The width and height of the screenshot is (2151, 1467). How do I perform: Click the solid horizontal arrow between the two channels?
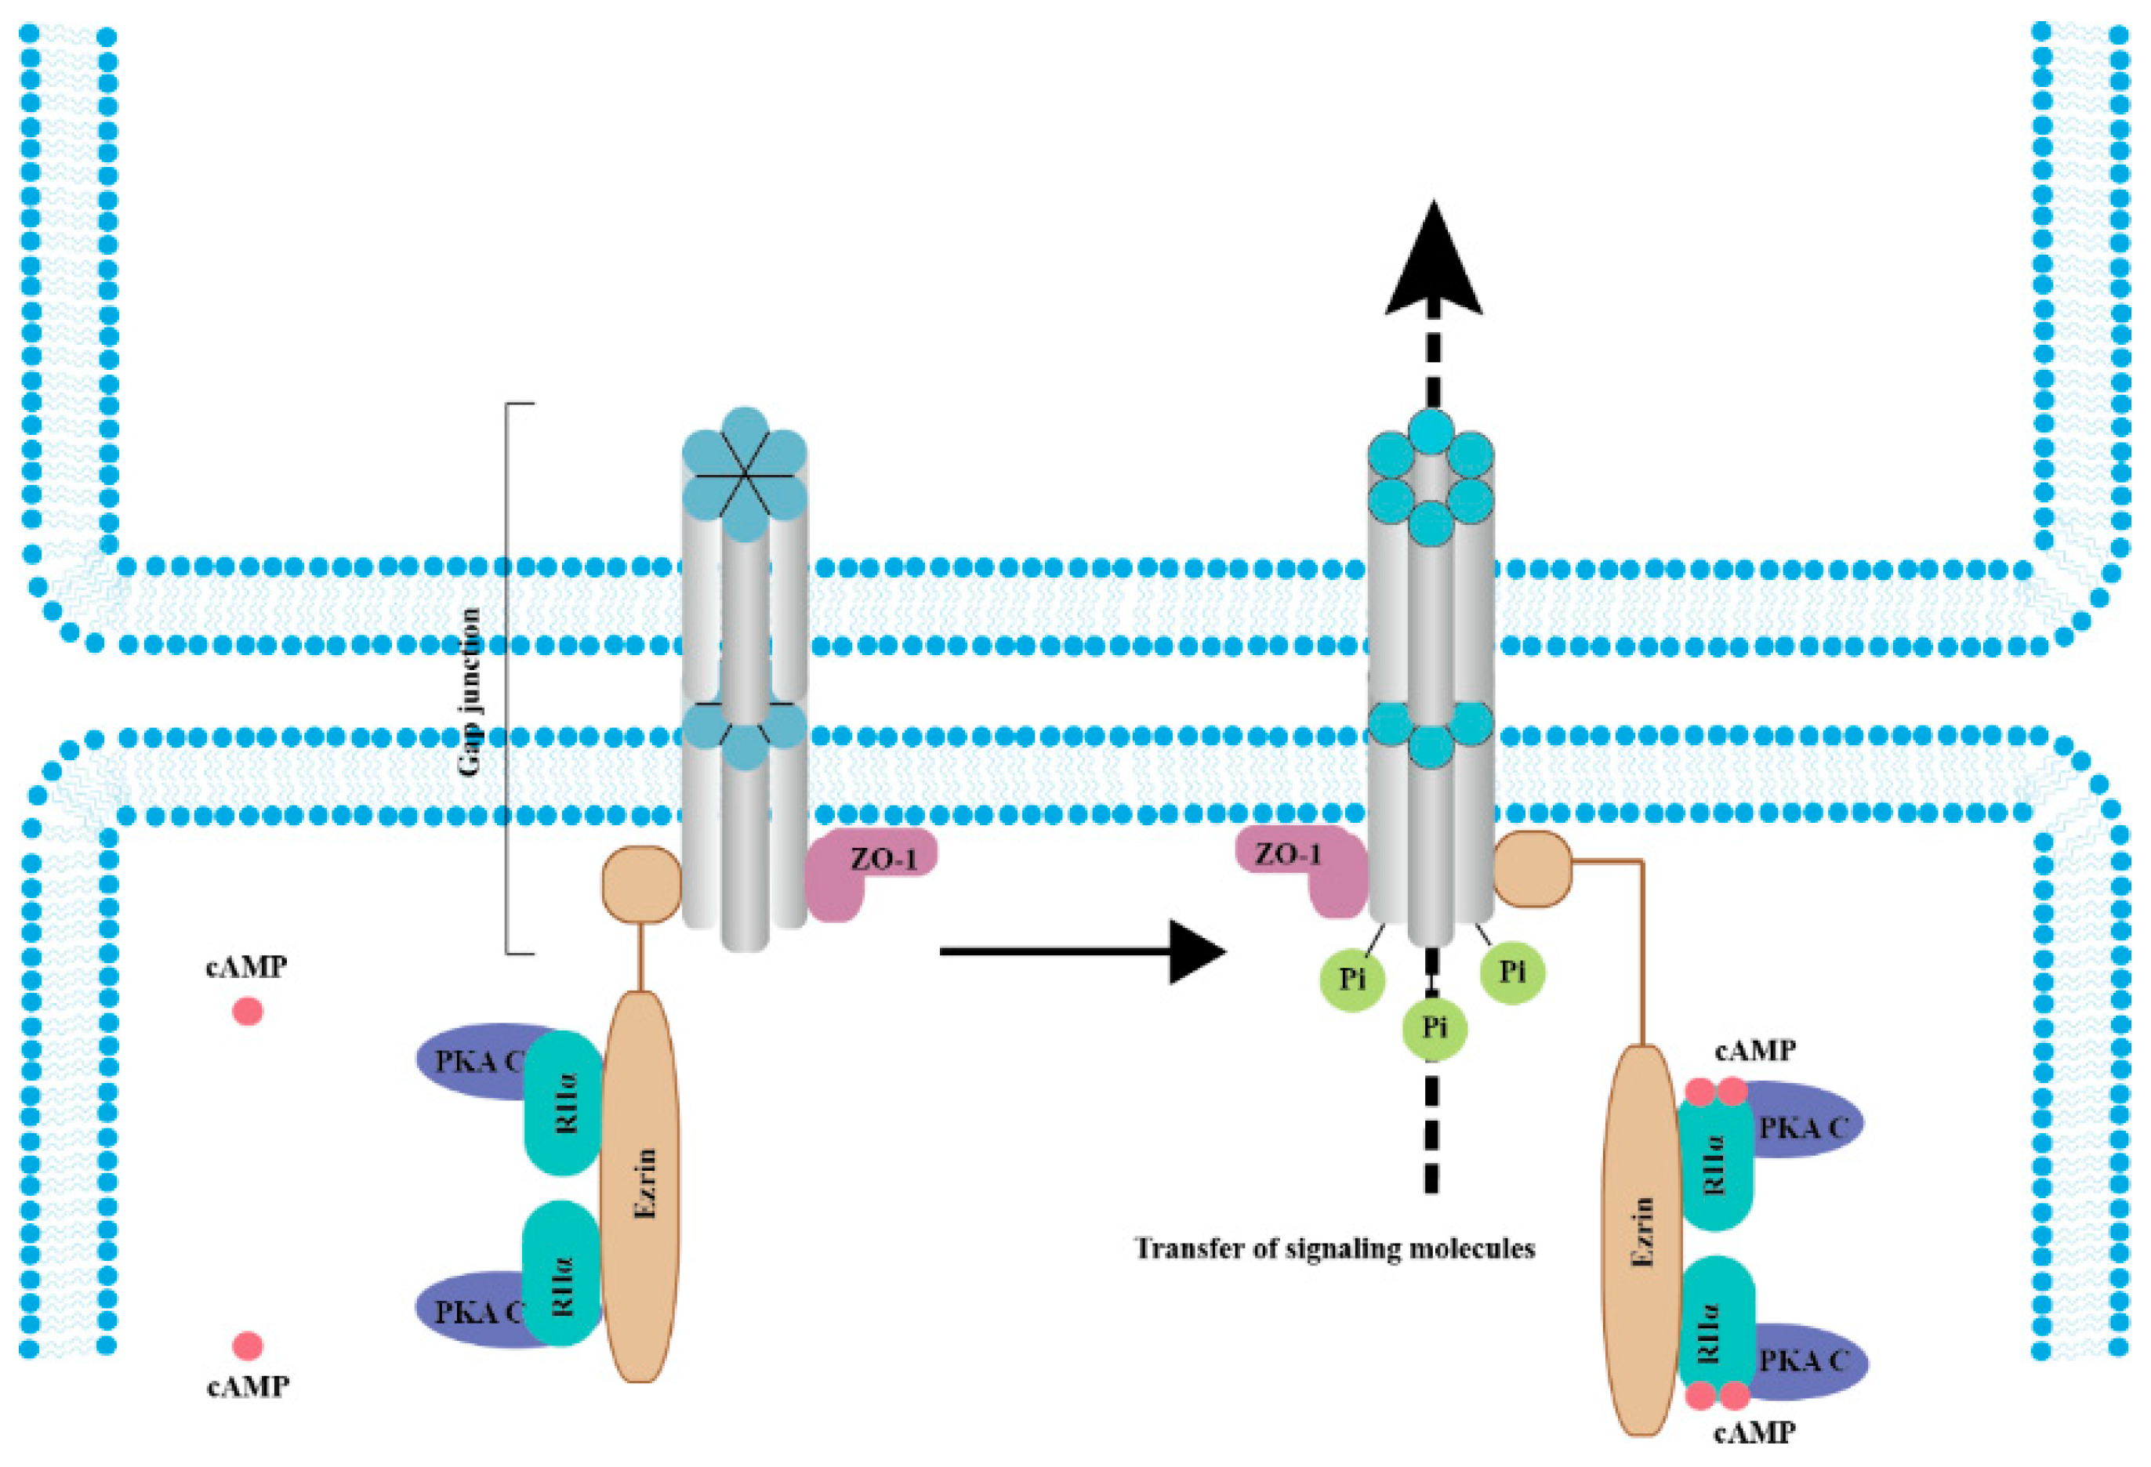pyautogui.click(x=1083, y=951)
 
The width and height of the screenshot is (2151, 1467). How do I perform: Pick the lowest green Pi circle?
pyautogui.click(x=1435, y=1027)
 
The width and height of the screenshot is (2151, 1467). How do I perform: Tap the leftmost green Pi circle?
pyautogui.click(x=1353, y=978)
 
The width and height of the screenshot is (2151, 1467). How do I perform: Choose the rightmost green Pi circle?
pyautogui.click(x=1512, y=971)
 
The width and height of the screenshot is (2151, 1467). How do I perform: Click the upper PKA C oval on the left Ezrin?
pyautogui.click(x=481, y=1061)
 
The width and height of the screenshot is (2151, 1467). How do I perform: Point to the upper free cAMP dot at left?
pyautogui.click(x=247, y=1011)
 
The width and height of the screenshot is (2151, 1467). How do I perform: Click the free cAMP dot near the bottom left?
pyautogui.click(x=247, y=1346)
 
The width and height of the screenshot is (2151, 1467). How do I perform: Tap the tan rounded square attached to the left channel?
pyautogui.click(x=641, y=884)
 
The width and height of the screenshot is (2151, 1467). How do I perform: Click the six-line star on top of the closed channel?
pyautogui.click(x=744, y=475)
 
